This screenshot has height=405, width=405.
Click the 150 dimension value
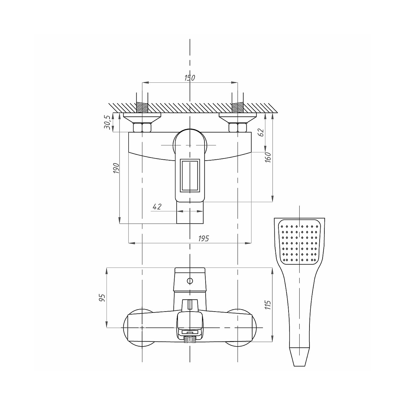pyautogui.click(x=190, y=78)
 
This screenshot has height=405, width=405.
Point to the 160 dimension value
pyautogui.click(x=268, y=157)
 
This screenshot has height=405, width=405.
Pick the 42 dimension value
pyautogui.click(x=157, y=207)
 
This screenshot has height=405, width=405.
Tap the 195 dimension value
pyautogui.click(x=204, y=238)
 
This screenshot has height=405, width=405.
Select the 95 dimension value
pyautogui.click(x=102, y=298)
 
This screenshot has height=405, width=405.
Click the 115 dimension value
pyautogui.click(x=268, y=305)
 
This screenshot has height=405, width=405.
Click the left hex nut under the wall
pyautogui.click(x=142, y=128)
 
